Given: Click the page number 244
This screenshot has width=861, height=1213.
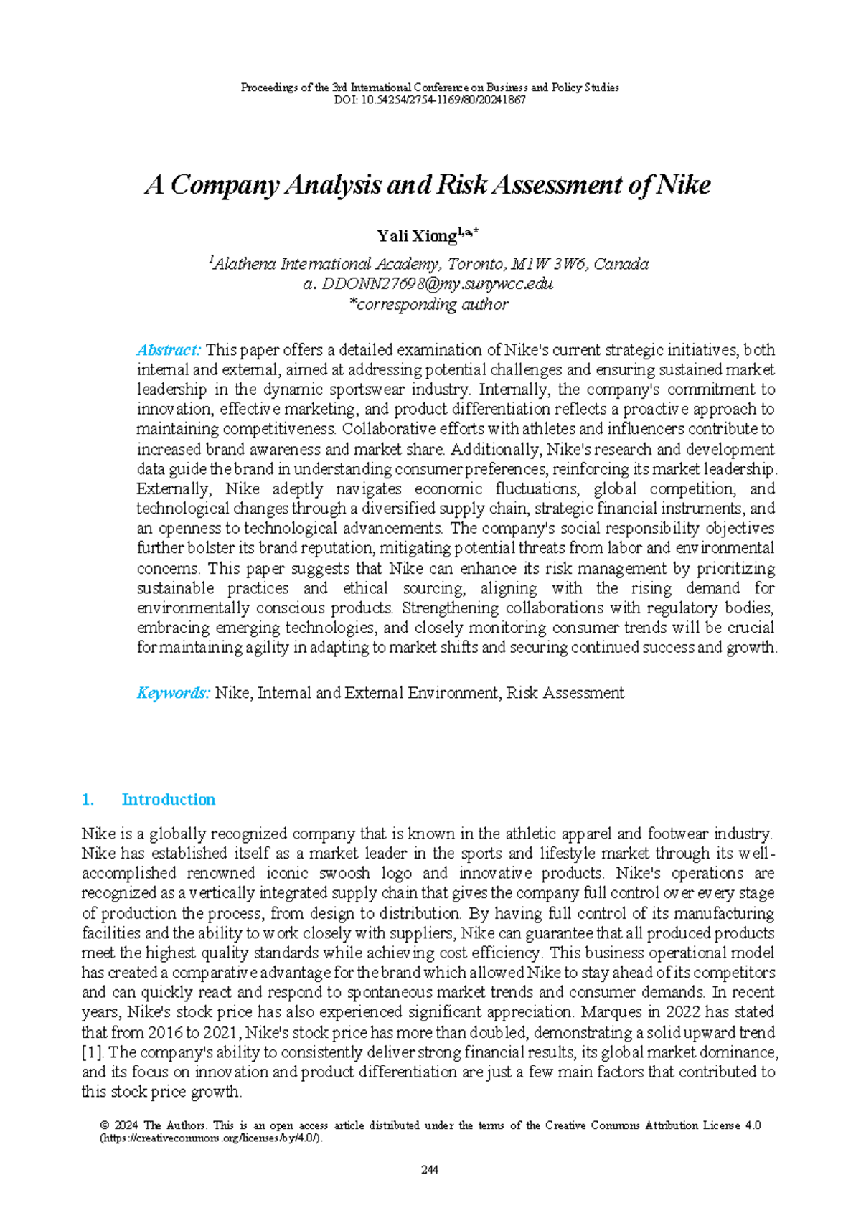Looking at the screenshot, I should coord(430,1169).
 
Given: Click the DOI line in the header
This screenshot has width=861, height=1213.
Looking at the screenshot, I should coord(430,100).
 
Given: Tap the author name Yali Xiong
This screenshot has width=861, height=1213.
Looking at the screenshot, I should coord(417,235).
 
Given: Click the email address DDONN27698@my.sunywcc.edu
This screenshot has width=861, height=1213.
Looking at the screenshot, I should coord(438,284).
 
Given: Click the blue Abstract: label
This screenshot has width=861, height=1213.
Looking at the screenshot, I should coord(169,350).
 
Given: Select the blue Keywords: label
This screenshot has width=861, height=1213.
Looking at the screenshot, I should coord(173,693).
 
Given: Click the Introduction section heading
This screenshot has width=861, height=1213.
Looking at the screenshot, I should coord(169,799).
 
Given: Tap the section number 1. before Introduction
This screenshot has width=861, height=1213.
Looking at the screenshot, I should coord(88,799).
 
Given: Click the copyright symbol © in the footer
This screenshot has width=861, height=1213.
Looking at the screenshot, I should coord(105,1125).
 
